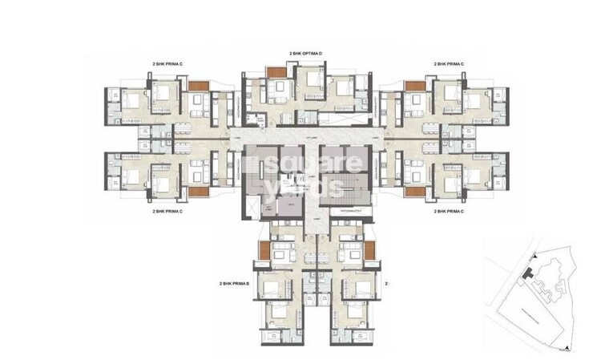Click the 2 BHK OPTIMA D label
click(305, 53)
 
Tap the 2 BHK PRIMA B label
click(235, 284)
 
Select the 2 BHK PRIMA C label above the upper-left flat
click(167, 63)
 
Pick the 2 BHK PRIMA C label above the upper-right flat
click(450, 63)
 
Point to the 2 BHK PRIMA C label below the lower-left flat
click(167, 212)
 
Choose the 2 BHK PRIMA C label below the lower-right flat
click(450, 212)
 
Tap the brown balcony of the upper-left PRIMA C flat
click(198, 85)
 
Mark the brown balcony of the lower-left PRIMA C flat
click(198, 192)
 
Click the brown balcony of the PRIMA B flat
click(264, 250)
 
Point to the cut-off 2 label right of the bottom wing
click(386, 284)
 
